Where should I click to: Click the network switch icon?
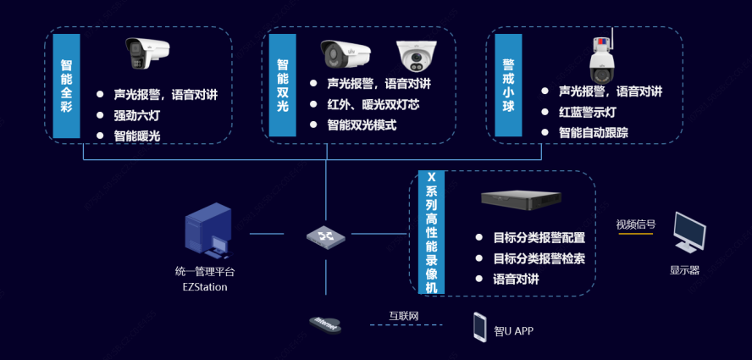pos(326,235)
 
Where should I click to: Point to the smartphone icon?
pos(479,327)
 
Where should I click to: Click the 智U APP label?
pos(514,330)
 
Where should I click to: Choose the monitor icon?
pos(689,232)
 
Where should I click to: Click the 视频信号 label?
pos(635,224)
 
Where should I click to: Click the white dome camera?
pos(416,57)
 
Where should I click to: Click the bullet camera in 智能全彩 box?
pos(147,53)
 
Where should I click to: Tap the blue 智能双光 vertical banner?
pos(283,86)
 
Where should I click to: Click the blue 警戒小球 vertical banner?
pos(508,86)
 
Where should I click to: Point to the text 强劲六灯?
pos(136,116)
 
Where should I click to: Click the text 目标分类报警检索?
pos(539,258)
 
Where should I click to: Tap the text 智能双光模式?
pos(362,125)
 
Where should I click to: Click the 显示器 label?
pos(684,270)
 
